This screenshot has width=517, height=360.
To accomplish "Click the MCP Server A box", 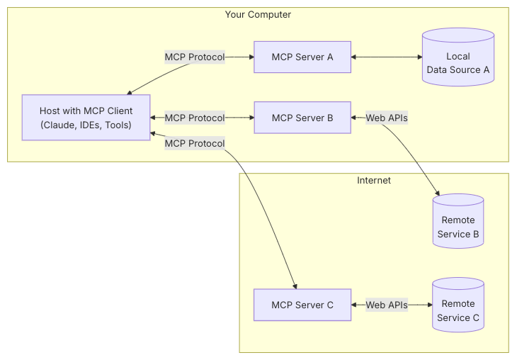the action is (302, 57).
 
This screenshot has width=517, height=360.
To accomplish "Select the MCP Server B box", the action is (302, 118).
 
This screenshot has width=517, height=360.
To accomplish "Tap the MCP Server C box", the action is (302, 305).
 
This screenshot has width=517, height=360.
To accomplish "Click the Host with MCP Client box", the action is (86, 118).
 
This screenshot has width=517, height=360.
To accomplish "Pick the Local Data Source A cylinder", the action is (458, 57).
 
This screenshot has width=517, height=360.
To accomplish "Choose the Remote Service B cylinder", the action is (458, 221).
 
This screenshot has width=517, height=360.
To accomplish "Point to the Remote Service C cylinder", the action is (458, 305).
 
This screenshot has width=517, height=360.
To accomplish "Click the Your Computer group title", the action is (258, 14).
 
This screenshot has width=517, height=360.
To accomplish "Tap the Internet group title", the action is (374, 180).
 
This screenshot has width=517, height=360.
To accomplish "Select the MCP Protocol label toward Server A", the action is (195, 57).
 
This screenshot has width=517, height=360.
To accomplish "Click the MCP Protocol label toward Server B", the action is (195, 118).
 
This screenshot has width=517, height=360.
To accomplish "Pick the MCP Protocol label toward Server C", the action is (195, 144).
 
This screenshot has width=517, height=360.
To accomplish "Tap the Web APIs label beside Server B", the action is (387, 118).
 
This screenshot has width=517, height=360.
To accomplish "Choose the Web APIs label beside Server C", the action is (387, 305).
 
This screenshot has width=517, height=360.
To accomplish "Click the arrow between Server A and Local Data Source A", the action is (387, 57).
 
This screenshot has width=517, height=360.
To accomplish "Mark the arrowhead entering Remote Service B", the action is (437, 193).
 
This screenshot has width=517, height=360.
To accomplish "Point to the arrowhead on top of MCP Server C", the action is (295, 286).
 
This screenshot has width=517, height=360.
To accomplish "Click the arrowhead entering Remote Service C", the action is (430, 305).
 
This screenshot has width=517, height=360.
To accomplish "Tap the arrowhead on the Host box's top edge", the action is (129, 93).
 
